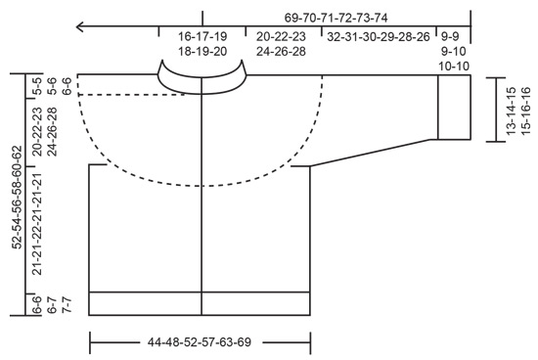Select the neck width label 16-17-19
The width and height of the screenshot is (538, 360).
(x=202, y=36)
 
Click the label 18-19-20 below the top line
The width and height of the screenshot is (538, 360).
(x=202, y=51)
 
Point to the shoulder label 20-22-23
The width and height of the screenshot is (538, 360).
(x=281, y=36)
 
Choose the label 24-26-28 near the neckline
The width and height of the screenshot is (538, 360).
(x=281, y=51)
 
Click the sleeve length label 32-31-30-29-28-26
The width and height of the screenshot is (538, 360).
(x=379, y=36)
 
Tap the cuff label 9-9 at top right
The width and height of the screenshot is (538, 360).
(x=453, y=36)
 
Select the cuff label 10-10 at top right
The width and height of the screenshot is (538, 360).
(x=453, y=66)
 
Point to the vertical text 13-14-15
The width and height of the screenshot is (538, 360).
(x=511, y=112)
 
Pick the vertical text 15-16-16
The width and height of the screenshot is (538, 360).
(x=525, y=112)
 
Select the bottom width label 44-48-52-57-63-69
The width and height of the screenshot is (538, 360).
(x=201, y=343)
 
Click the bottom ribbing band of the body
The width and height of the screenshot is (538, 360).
(x=201, y=303)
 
